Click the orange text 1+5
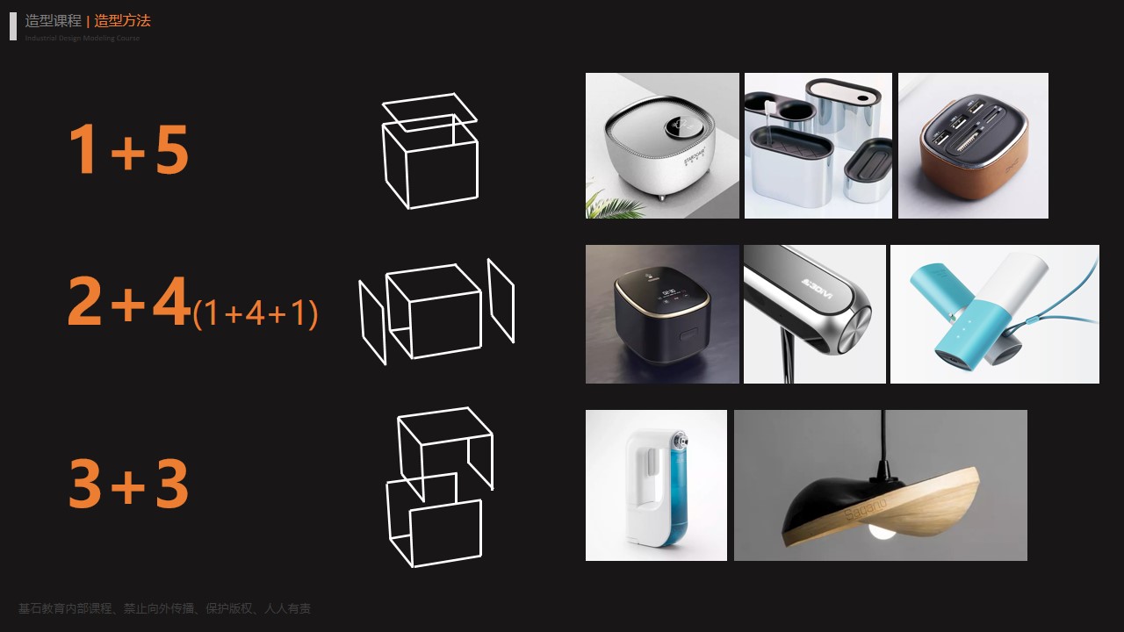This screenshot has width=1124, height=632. click(128, 149)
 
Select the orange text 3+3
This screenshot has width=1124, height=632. click(128, 484)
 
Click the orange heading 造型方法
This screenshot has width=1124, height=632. click(122, 21)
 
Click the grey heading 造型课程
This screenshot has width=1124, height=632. click(53, 21)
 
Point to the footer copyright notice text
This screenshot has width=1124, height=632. click(164, 608)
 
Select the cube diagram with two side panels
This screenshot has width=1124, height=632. click(436, 312)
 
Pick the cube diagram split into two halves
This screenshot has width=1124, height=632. click(438, 486)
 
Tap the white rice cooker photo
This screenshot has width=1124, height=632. click(662, 146)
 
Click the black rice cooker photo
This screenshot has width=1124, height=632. click(662, 314)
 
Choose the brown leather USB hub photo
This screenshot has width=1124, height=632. click(973, 146)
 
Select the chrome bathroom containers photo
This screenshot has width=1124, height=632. click(818, 146)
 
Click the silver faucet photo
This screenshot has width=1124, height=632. click(814, 314)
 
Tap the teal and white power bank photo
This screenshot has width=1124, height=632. click(994, 314)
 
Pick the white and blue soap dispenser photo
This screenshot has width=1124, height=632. click(656, 485)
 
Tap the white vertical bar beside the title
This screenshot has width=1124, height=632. click(13, 26)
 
